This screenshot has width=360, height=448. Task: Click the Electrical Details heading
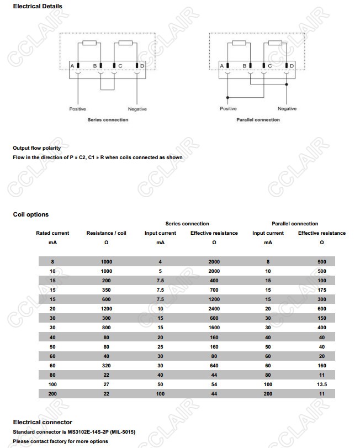tap(38, 7)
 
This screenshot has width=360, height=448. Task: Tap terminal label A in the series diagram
tap(72, 66)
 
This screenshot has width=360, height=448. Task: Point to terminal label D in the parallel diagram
tap(292, 66)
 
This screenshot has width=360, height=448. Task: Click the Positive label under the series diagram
tap(77, 109)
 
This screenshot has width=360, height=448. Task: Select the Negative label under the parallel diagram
tap(287, 109)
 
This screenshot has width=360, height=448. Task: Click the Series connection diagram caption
tap(108, 120)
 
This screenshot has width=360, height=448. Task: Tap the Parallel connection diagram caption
tap(258, 120)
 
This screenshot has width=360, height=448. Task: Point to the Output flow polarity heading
tap(36, 148)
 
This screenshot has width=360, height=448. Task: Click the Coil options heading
tap(31, 214)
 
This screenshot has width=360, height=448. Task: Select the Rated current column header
tap(52, 233)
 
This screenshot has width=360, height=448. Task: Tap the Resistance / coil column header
tap(106, 233)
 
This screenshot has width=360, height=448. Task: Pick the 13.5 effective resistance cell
tap(322, 384)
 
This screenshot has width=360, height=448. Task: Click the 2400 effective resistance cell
tap(214, 309)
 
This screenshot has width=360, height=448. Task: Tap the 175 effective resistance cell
tap(322, 290)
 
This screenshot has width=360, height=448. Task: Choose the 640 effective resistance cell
tap(214, 365)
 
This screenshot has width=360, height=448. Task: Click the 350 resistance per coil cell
tap(106, 290)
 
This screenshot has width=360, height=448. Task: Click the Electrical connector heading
tap(43, 422)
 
